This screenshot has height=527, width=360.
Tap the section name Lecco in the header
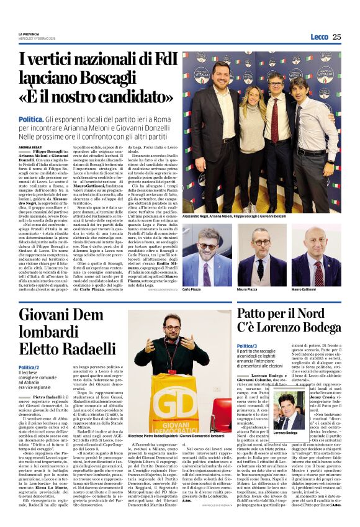[319, 37]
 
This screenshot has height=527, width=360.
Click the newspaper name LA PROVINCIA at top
[29, 34]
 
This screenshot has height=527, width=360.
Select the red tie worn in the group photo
[274, 120]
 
